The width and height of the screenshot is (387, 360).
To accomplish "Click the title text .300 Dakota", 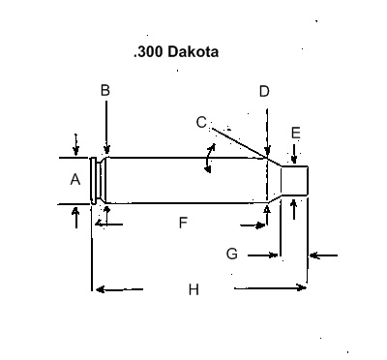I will [175, 52].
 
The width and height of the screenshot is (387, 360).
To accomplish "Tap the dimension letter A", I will [75, 179].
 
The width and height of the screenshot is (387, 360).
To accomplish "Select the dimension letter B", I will [105, 90].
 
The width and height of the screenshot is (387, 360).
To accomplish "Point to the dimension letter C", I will [200, 122].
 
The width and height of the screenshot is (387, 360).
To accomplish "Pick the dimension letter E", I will [295, 133].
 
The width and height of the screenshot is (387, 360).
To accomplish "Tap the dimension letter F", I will [183, 224].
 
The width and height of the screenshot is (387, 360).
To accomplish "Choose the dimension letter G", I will [231, 254].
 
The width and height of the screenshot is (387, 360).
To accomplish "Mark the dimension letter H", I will [193, 288].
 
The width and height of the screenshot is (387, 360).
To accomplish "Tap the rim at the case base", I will [93, 180].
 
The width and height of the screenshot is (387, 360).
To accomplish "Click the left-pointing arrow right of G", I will [323, 255].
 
